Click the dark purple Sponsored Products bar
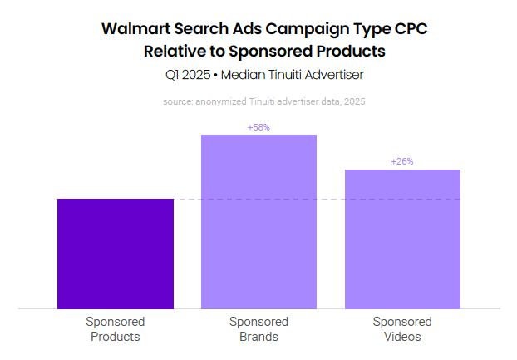(x=115, y=254)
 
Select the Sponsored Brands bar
(x=258, y=221)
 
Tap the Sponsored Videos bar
(x=402, y=239)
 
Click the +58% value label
(x=258, y=127)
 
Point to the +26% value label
(x=402, y=161)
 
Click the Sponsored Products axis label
(x=115, y=329)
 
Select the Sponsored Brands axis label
(x=258, y=329)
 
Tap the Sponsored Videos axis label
(x=402, y=329)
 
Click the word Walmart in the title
(x=136, y=29)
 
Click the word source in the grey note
(x=178, y=101)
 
